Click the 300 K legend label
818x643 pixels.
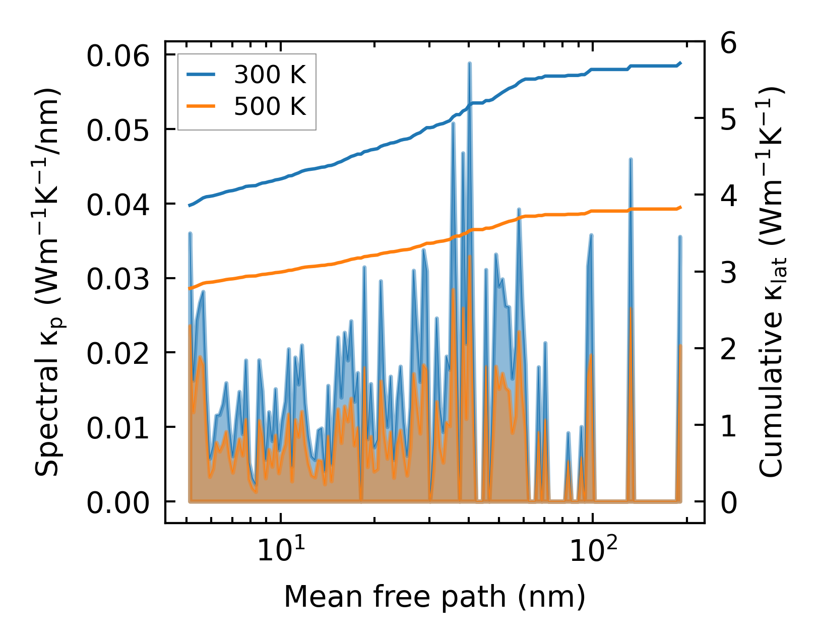(x=270, y=75)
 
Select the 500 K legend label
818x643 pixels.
(x=270, y=107)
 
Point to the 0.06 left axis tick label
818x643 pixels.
(x=118, y=56)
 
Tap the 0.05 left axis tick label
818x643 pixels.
(x=118, y=131)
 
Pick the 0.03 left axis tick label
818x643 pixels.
(x=118, y=280)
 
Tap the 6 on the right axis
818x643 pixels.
(x=729, y=43)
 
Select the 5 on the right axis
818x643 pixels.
(x=729, y=120)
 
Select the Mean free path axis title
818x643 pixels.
(x=434, y=597)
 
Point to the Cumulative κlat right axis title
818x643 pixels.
(x=771, y=282)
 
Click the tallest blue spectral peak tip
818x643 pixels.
(x=469, y=63)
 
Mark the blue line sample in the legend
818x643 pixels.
(x=201, y=75)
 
